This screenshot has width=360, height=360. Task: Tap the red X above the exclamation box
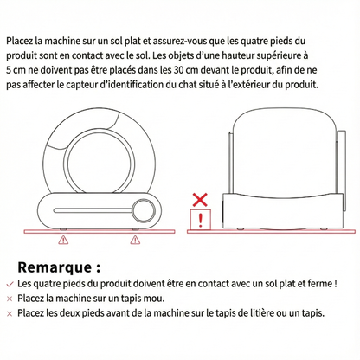pyautogui.click(x=200, y=200)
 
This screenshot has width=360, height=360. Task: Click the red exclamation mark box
pyautogui.click(x=201, y=220)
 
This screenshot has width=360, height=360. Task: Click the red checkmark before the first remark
pyautogui.click(x=9, y=283)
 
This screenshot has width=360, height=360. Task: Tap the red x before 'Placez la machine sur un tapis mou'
pyautogui.click(x=9, y=298)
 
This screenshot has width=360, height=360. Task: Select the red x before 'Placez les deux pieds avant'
pyautogui.click(x=9, y=312)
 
